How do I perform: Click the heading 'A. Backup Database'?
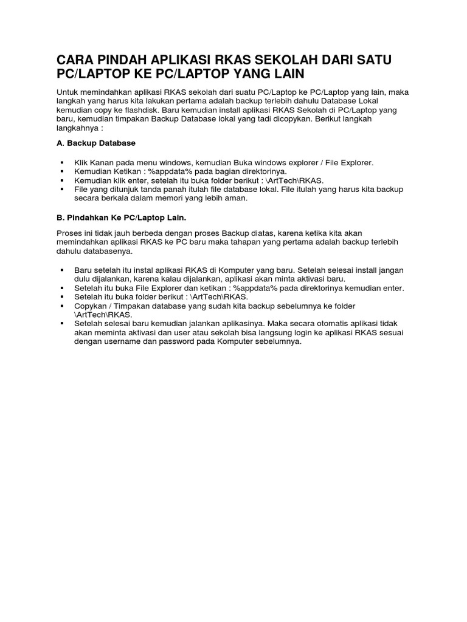(95, 143)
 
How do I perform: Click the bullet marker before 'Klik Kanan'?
(62, 163)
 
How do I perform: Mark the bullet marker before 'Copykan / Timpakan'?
(62, 306)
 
